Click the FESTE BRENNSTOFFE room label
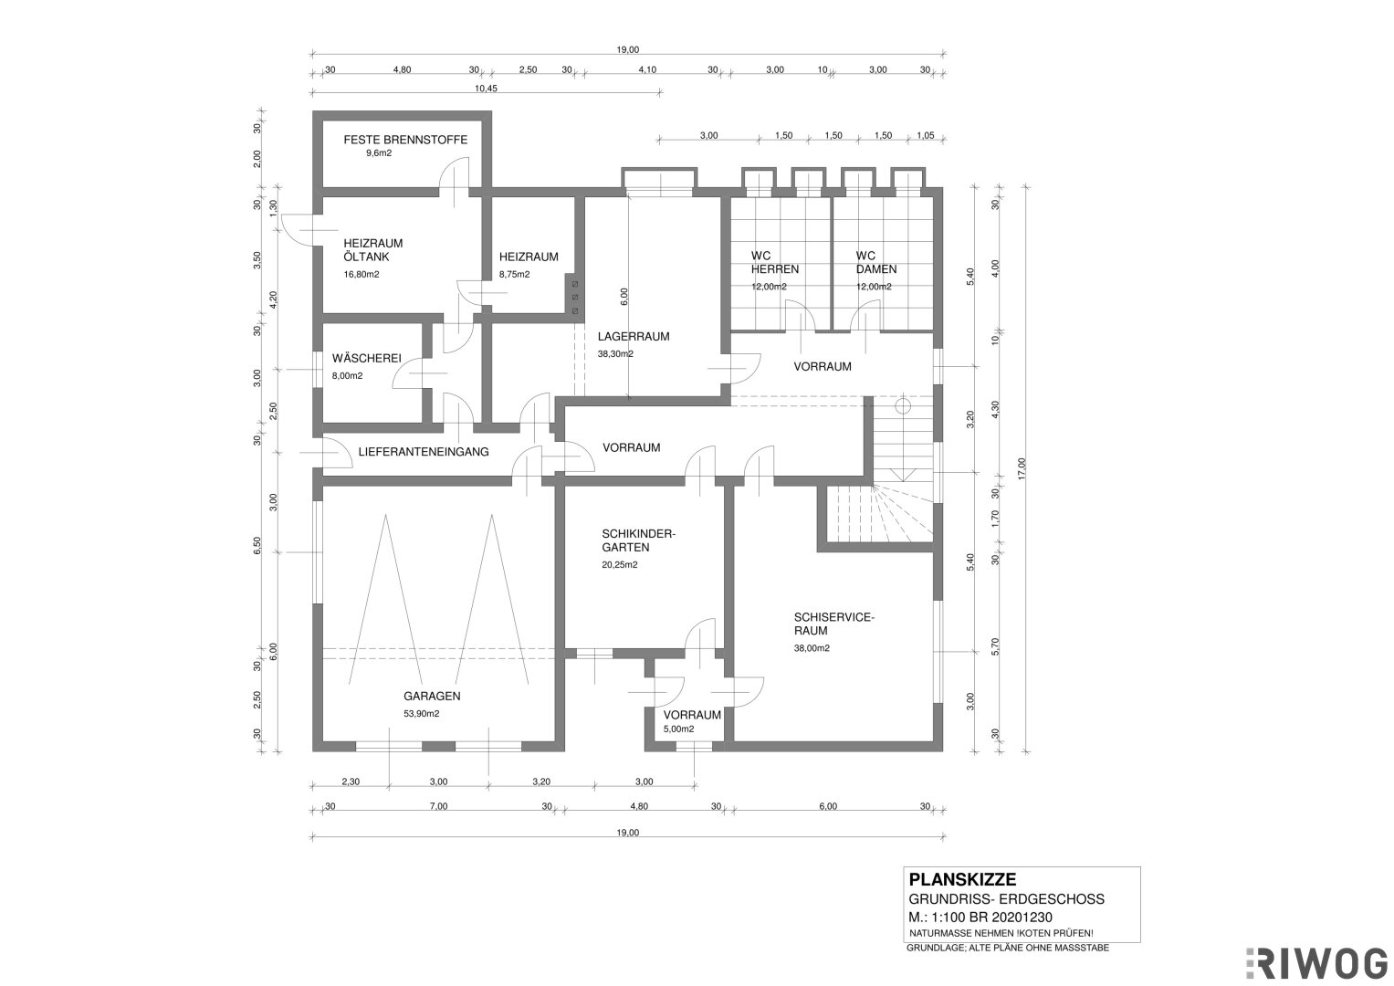coord(405,140)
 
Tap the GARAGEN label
coord(432,696)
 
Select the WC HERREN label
coord(775,263)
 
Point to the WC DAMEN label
coord(876,263)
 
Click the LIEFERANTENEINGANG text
coord(424,452)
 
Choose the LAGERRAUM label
coord(634,337)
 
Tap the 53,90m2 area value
coord(422,713)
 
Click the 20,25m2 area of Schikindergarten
coord(620,565)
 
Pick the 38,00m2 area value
coord(812,648)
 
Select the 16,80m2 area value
coord(362,275)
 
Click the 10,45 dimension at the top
coord(486,89)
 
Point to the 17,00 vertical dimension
coord(1022,468)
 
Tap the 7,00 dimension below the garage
coord(439,806)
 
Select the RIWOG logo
coord(1316,963)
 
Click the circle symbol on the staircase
coord(902,407)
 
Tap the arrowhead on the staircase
coord(902,475)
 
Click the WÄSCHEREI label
coord(367,359)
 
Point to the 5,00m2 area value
coord(678,729)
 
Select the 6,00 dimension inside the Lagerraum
coord(624,297)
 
